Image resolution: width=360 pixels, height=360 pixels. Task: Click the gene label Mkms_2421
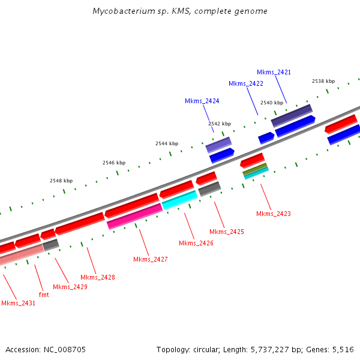coord(274,72)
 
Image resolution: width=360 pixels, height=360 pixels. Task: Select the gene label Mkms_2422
coord(246,83)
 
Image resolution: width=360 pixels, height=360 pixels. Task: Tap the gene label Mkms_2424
coord(202,101)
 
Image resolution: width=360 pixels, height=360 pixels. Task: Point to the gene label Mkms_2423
coord(273,214)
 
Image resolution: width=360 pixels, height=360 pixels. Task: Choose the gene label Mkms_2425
coord(226,231)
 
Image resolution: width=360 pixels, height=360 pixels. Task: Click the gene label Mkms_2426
coord(196,243)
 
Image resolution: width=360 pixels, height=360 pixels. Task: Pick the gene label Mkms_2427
coord(150,259)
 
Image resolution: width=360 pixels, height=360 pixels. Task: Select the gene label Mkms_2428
coord(98,277)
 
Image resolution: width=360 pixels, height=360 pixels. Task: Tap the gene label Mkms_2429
coord(70,287)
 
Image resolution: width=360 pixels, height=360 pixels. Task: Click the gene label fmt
coord(44,295)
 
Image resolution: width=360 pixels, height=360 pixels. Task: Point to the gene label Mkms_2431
coord(18,303)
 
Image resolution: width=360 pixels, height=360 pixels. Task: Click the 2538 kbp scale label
coord(323,81)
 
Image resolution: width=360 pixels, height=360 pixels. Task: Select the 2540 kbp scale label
coord(271,103)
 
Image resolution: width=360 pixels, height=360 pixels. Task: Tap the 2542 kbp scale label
coord(220,124)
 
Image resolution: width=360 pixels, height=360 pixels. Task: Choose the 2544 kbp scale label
coord(167,143)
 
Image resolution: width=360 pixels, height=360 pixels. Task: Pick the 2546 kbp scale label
coord(114,163)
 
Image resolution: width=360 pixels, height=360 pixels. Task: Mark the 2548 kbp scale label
coord(61,181)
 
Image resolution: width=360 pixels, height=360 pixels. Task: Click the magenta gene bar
coord(134,216)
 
